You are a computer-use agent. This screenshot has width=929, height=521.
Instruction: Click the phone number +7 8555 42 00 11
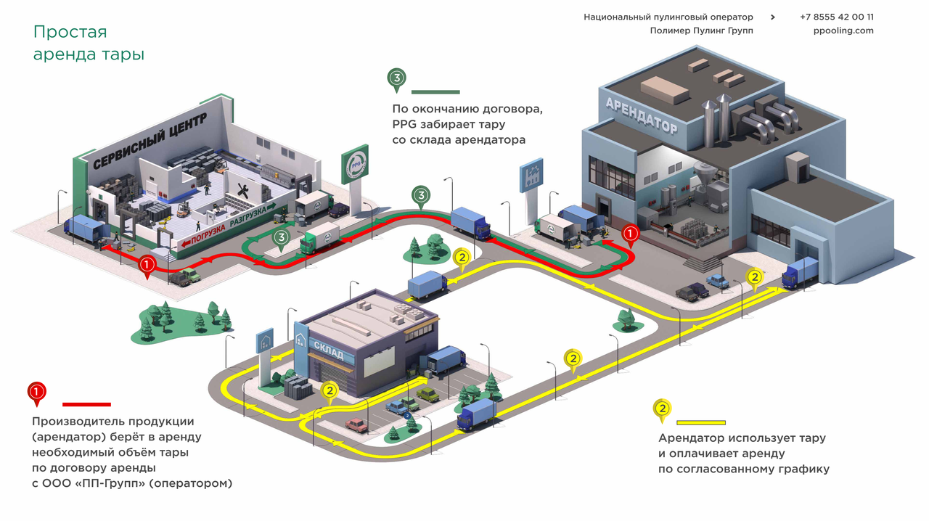click(x=837, y=17)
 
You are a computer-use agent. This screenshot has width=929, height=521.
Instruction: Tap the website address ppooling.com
click(x=843, y=30)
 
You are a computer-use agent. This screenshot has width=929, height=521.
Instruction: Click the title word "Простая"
click(x=70, y=32)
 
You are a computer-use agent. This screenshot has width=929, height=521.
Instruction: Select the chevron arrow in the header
click(x=773, y=17)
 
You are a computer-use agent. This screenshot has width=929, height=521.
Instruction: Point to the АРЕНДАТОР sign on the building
click(x=641, y=115)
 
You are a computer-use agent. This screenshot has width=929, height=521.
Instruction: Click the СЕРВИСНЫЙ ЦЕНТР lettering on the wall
click(x=150, y=141)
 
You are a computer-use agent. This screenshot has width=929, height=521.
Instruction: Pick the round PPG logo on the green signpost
click(x=356, y=164)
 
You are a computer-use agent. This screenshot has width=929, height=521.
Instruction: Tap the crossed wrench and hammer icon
click(x=242, y=192)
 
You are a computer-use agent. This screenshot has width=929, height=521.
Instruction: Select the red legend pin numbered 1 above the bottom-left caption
click(x=36, y=393)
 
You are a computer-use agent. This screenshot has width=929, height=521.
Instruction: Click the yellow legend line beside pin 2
click(x=701, y=423)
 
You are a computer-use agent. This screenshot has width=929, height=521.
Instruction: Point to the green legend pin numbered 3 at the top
click(x=396, y=79)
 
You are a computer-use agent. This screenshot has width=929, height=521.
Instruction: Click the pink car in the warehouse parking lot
click(x=356, y=424)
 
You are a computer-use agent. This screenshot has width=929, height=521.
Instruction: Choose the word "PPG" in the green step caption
click(x=404, y=124)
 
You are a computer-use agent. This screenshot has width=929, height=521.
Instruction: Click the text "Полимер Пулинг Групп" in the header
click(x=701, y=30)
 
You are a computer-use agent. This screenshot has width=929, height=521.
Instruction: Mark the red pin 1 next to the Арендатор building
click(x=630, y=236)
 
